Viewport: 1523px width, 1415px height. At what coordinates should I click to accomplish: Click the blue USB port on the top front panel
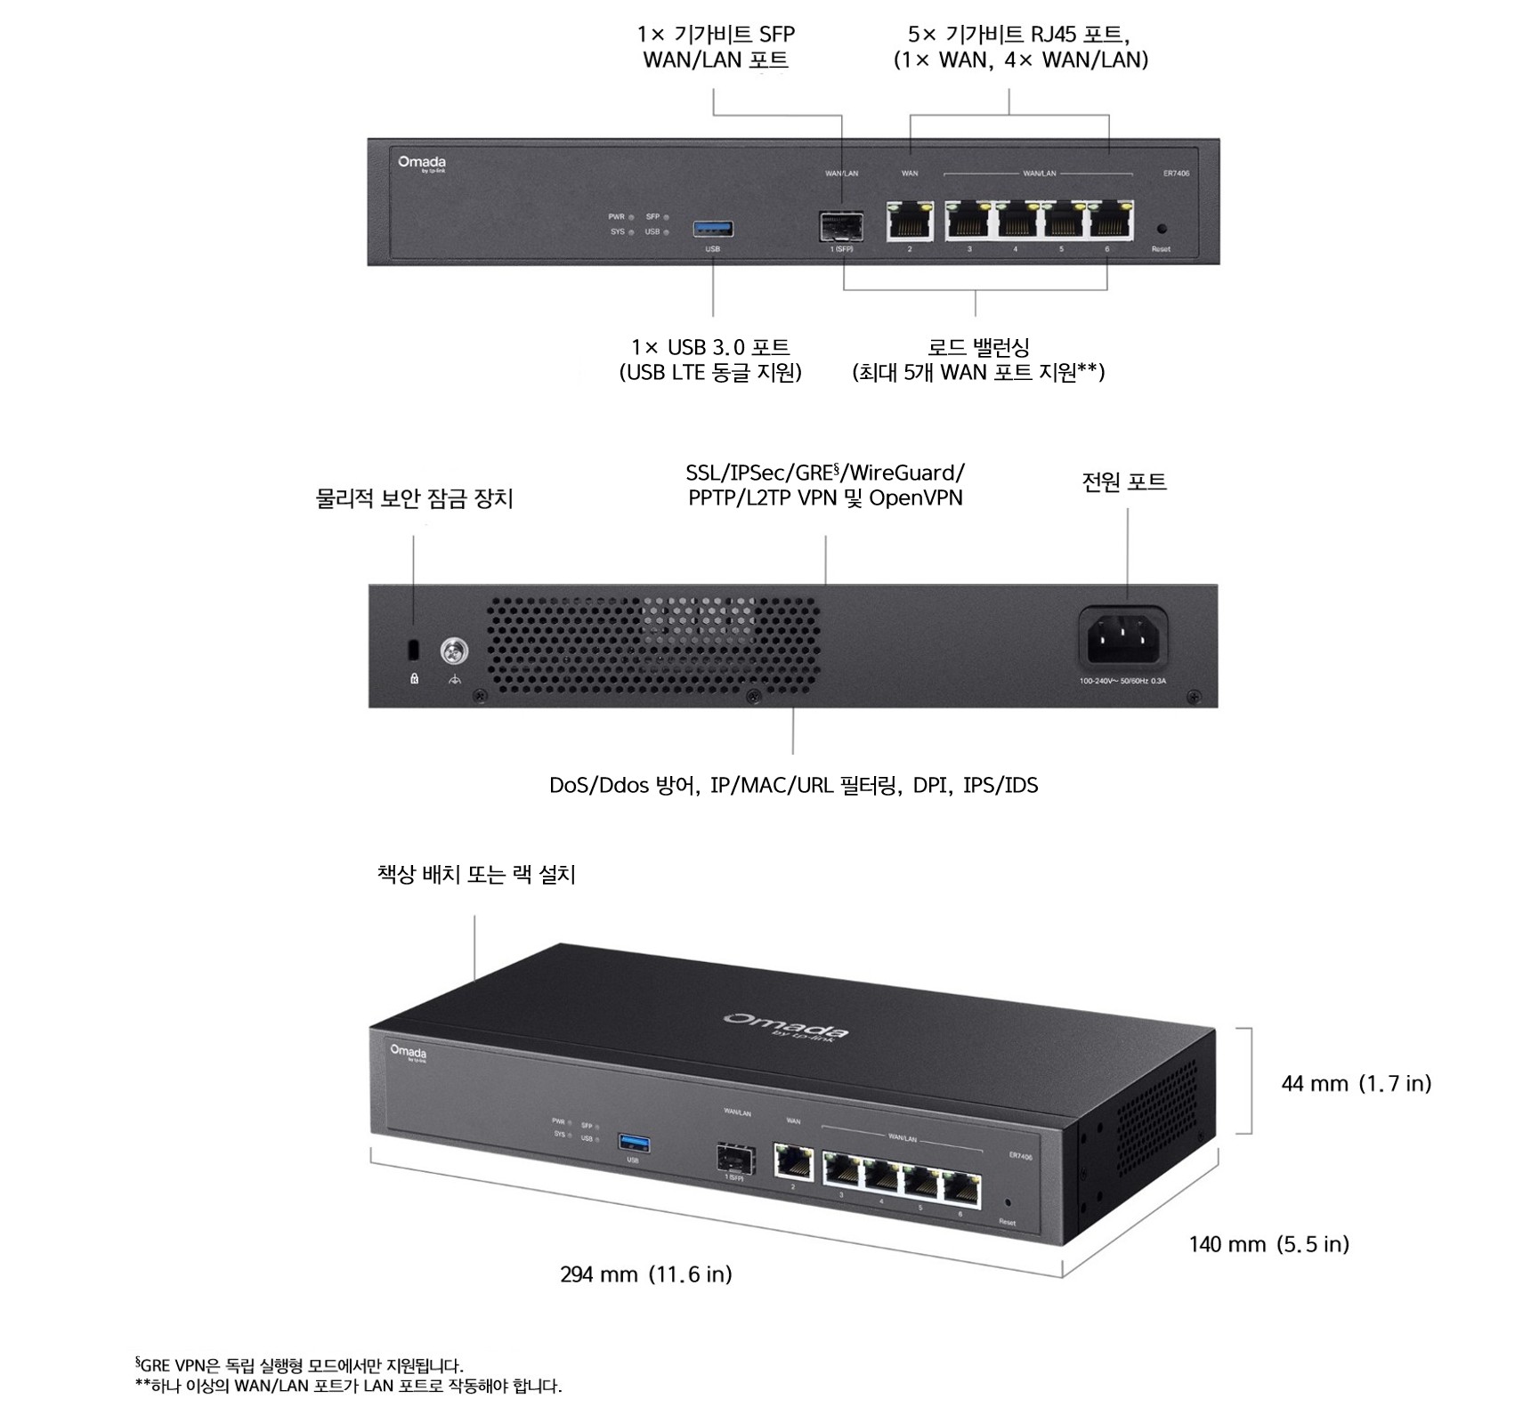pyautogui.click(x=713, y=229)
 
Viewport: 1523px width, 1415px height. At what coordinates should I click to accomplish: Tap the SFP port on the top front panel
pyautogui.click(x=841, y=227)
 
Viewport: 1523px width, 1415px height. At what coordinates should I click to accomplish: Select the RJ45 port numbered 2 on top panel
pyautogui.click(x=910, y=222)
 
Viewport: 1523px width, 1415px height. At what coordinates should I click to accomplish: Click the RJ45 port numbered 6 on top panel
pyautogui.click(x=1109, y=222)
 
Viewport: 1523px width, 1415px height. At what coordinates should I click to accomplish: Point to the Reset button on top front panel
pyautogui.click(x=1161, y=230)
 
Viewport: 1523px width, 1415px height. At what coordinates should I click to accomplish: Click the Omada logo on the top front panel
pyautogui.click(x=422, y=163)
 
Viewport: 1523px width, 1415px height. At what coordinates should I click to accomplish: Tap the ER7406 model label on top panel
pyautogui.click(x=1175, y=174)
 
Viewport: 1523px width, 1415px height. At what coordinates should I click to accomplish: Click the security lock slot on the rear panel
pyautogui.click(x=412, y=650)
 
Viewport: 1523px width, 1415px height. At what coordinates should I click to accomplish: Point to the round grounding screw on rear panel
pyautogui.click(x=455, y=652)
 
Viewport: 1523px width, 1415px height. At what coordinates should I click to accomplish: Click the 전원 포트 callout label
pyautogui.click(x=1123, y=482)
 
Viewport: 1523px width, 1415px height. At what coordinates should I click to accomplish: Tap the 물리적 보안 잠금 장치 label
pyautogui.click(x=414, y=498)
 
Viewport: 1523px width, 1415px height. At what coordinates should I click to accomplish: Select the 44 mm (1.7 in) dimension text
pyautogui.click(x=1356, y=1083)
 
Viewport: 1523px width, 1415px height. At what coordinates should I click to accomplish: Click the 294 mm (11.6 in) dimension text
pyautogui.click(x=646, y=1274)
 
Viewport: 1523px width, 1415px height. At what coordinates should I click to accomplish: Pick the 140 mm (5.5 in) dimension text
pyautogui.click(x=1268, y=1244)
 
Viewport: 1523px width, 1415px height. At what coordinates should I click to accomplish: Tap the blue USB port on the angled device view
pyautogui.click(x=633, y=1142)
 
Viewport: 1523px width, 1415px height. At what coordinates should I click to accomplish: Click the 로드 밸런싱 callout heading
pyautogui.click(x=978, y=347)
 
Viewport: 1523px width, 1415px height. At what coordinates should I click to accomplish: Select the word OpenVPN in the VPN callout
pyautogui.click(x=915, y=497)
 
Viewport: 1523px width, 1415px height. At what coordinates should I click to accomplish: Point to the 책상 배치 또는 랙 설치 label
pyautogui.click(x=476, y=875)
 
